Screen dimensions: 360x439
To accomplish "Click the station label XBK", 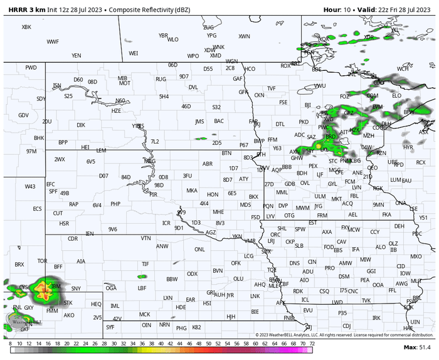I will coord(26,27).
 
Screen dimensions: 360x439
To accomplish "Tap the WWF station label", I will coord(53,41).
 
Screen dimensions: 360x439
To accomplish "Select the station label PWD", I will coord(31,67).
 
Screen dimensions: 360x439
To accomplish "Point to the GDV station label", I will coord(24,115).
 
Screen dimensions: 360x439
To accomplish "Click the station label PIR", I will coord(153,195).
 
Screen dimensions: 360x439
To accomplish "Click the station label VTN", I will coord(145,238).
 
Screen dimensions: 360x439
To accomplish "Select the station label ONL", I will coord(199,249).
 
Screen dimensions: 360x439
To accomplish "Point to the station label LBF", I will coord(142,288).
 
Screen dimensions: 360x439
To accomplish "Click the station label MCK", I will coord(144,314).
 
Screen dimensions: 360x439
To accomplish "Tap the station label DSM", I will coord(344,277).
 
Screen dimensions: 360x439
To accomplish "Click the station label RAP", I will coord(74,204).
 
